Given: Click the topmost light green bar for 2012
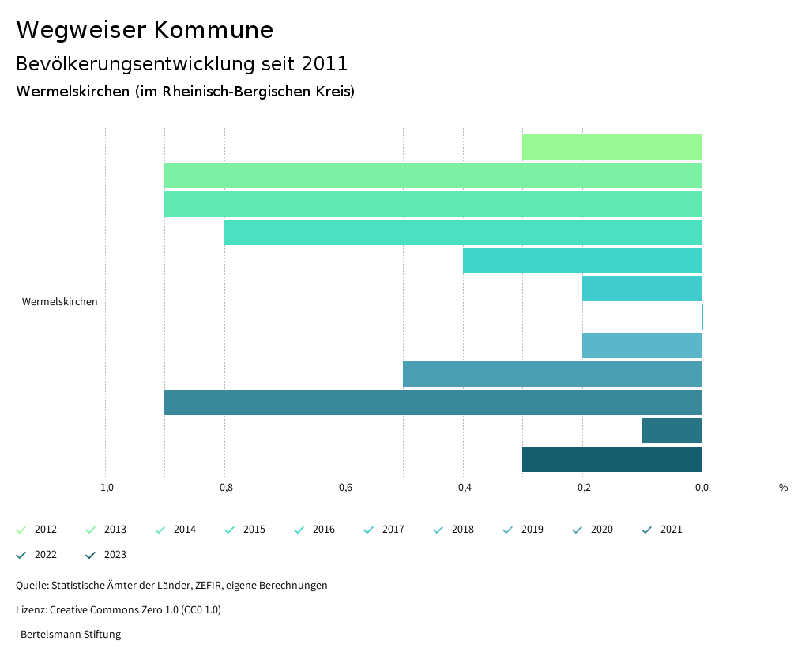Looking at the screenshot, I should click(611, 147).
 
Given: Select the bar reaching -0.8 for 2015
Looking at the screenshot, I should click(463, 232).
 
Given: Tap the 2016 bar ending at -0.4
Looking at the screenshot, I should click(582, 261).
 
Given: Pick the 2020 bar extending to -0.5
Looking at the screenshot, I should click(552, 374).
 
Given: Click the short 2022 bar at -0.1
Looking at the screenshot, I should click(672, 431).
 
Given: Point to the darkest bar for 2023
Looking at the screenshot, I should click(611, 459).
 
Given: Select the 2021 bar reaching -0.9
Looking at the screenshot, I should click(433, 402).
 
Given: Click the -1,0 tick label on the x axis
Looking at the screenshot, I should click(105, 488).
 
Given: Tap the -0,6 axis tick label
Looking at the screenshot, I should click(344, 488).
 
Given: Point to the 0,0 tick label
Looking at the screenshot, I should click(702, 488).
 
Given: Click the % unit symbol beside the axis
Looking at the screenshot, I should click(783, 488).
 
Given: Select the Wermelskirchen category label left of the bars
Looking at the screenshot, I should click(60, 302).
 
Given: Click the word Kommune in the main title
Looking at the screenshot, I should click(213, 30).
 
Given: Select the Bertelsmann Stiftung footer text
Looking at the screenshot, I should click(70, 635).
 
